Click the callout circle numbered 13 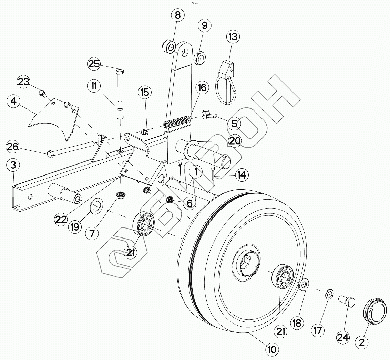tap(233, 36)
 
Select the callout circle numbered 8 tap(177, 15)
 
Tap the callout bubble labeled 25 tap(94, 64)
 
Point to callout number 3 tap(13, 165)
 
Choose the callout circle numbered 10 tap(272, 350)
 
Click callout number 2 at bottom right tap(362, 342)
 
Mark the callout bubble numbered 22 tap(61, 219)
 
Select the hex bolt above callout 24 tap(347, 302)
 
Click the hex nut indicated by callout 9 tap(199, 57)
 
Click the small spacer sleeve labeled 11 tap(120, 114)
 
